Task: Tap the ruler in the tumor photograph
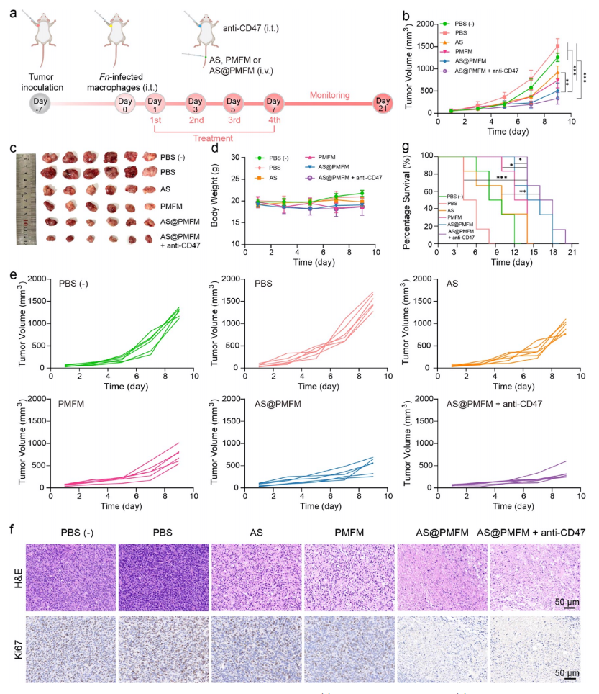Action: (x=27, y=200)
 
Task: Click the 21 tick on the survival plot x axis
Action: (x=571, y=253)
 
